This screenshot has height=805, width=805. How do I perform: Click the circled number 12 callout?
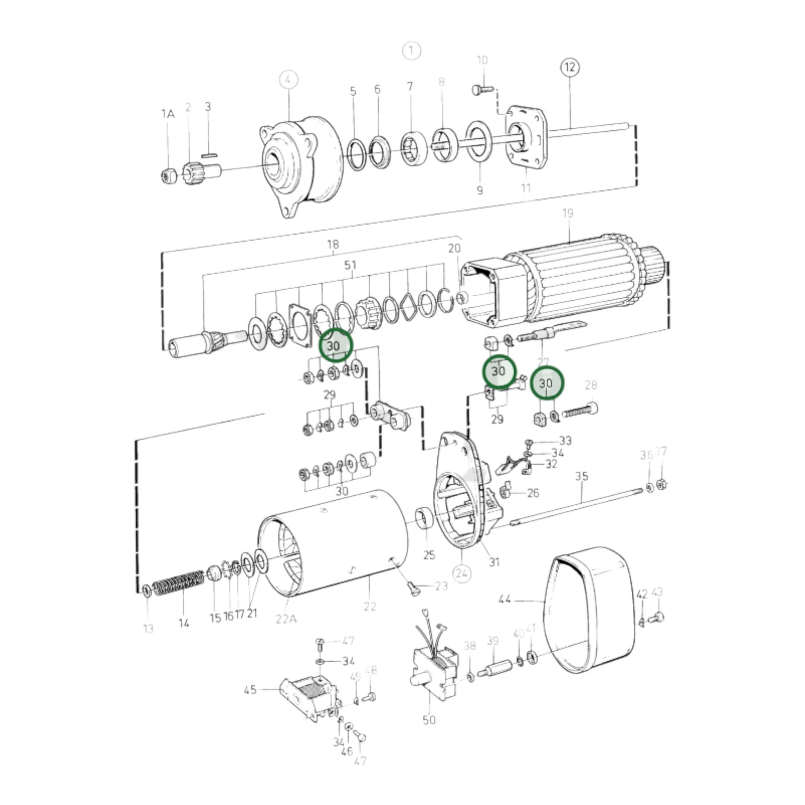[x=569, y=67]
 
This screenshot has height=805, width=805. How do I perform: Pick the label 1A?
[x=168, y=114]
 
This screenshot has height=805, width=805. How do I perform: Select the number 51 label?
[x=350, y=265]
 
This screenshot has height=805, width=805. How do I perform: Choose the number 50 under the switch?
[x=428, y=720]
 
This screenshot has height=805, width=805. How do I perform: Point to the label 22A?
[x=285, y=618]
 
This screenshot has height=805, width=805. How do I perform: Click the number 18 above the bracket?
[x=333, y=245]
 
